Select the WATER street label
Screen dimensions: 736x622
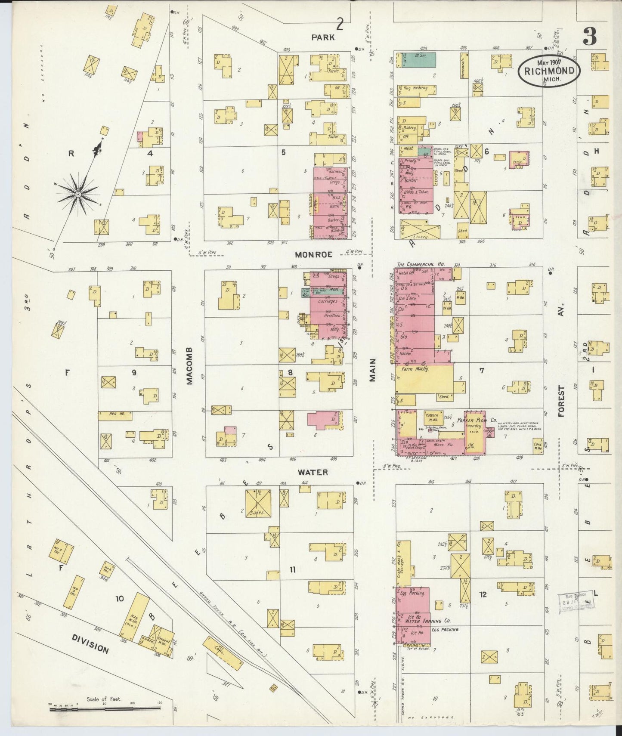[313, 472]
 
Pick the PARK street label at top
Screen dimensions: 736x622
[323, 37]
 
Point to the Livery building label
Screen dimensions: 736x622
[420, 236]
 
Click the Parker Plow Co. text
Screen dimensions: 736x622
[477, 420]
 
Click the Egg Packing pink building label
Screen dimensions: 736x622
[412, 593]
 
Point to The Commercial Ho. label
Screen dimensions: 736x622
[421, 264]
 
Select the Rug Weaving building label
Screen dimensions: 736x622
[415, 88]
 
